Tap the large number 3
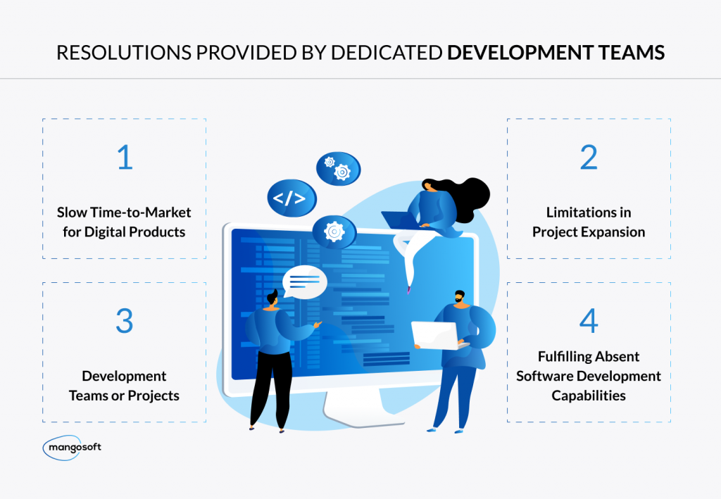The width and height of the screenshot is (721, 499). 124,322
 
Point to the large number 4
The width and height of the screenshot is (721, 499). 589,322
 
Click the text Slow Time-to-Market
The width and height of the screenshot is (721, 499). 124,213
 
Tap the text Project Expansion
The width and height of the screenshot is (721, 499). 589,232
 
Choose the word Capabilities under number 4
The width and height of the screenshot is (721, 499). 589,396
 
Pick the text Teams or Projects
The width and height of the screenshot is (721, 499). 124,396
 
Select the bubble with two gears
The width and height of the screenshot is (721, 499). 337,168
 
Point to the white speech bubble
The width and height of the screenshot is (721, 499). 305,283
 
